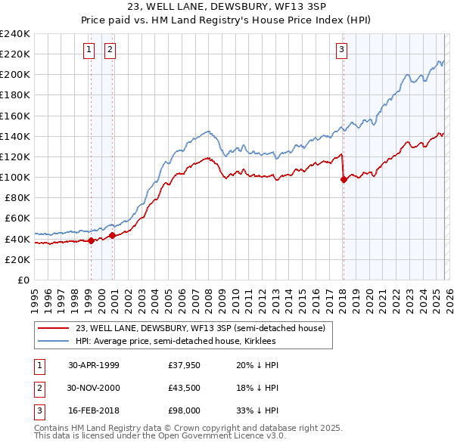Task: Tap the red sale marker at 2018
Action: (x=344, y=179)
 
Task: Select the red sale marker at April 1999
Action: (x=92, y=240)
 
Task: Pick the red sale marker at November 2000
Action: (x=113, y=235)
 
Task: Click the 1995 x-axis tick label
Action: (x=34, y=295)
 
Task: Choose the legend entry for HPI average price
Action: (x=176, y=341)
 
